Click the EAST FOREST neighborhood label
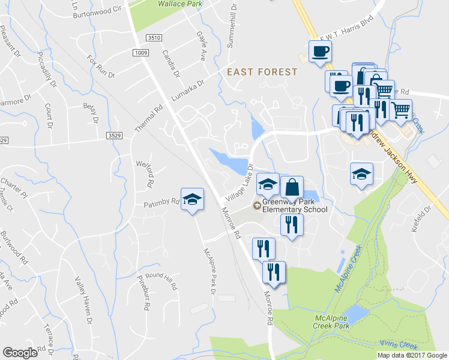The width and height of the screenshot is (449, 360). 262,72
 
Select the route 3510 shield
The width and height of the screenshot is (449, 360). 154,37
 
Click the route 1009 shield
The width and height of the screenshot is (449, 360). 141,53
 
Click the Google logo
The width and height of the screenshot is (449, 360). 20,353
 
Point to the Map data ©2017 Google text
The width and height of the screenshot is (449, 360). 412,355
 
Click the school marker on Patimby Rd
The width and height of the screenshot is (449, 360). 192,200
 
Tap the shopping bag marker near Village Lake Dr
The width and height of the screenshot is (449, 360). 292,187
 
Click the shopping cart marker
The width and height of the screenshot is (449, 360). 400,110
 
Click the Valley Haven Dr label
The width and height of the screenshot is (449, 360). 83,297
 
